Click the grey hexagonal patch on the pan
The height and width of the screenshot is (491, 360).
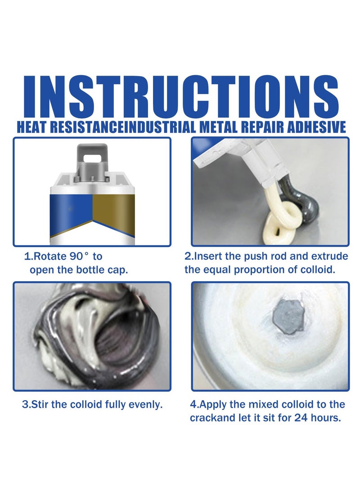288,316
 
